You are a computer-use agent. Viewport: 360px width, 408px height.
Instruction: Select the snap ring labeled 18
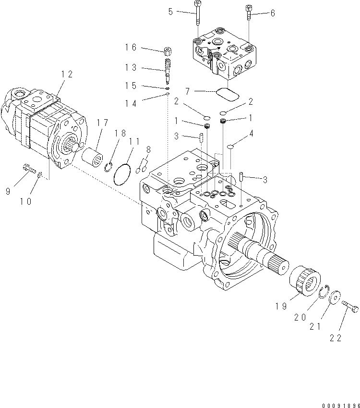[x=109, y=167]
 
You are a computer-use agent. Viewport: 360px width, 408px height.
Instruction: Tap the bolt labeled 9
[x=28, y=169]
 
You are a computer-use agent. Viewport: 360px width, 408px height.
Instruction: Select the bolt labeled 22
[x=351, y=307]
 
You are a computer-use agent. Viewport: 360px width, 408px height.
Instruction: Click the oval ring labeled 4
[x=230, y=146]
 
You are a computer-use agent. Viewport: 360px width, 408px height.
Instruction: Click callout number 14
[x=131, y=103]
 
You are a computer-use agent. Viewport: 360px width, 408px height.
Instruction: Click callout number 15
[x=131, y=86]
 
